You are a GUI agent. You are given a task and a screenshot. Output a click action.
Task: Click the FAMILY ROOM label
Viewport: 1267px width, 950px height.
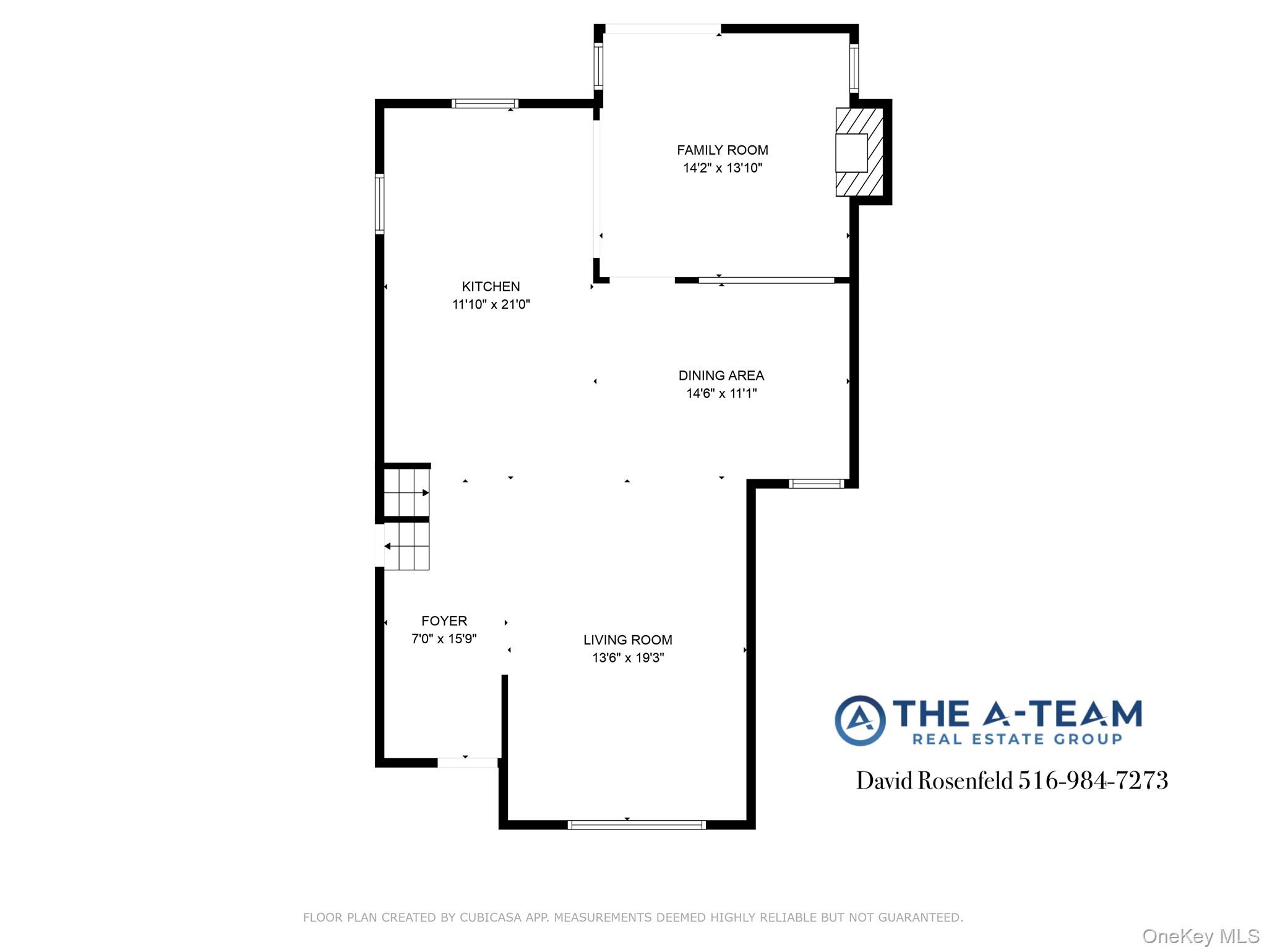click(722, 150)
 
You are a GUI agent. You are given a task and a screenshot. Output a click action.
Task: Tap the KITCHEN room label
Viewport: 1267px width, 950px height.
click(491, 286)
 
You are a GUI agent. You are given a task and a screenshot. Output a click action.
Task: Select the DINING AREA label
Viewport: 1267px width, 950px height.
click(721, 375)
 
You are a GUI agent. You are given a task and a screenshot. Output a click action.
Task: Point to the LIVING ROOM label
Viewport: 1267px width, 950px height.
click(627, 640)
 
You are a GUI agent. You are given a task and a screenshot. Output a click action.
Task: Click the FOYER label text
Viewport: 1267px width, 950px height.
click(444, 621)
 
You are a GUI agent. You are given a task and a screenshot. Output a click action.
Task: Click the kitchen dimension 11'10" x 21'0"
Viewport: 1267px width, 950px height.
click(491, 304)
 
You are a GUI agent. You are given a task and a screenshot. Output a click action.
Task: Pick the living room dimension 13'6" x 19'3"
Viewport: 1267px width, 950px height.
click(627, 658)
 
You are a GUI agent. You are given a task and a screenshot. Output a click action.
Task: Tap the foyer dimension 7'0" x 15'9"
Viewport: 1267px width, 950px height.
click(444, 639)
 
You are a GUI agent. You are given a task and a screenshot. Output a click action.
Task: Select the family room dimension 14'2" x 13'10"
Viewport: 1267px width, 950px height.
click(722, 168)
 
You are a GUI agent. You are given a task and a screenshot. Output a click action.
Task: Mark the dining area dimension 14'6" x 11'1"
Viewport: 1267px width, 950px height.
click(721, 393)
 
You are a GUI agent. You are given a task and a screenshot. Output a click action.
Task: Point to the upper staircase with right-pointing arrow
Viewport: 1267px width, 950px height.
click(406, 492)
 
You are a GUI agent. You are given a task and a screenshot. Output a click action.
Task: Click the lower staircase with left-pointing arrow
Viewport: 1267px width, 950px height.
click(406, 546)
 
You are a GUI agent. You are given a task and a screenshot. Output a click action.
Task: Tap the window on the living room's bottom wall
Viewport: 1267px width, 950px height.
click(636, 824)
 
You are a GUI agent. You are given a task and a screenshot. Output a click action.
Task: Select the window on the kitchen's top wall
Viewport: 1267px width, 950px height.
click(484, 103)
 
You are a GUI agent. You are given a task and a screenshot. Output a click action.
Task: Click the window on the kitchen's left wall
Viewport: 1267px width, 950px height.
click(380, 204)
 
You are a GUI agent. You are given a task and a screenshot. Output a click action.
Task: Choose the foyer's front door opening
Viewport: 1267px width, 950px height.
click(468, 763)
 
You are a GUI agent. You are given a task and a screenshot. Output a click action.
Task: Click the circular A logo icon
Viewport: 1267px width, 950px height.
click(859, 720)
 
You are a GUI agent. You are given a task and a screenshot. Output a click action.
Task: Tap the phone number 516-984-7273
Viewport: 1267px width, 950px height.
click(1093, 781)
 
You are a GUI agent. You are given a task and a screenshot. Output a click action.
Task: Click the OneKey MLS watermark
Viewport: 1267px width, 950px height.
click(1200, 936)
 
